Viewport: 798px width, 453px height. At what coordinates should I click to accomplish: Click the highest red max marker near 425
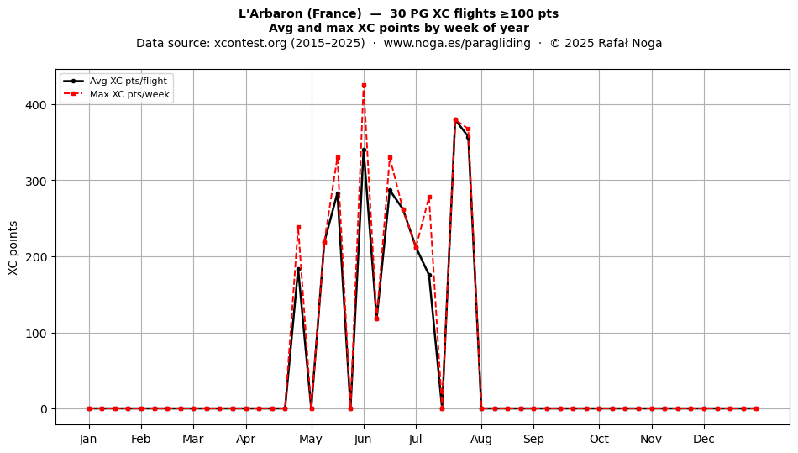tap(364, 86)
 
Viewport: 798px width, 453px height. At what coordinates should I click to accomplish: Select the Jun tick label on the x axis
tap(363, 439)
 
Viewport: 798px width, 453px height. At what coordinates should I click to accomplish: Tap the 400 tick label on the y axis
tap(37, 105)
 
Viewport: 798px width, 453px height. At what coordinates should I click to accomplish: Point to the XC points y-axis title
tap(13, 248)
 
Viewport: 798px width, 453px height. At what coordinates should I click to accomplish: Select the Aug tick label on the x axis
tap(481, 439)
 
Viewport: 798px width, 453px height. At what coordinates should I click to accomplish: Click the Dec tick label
tap(704, 439)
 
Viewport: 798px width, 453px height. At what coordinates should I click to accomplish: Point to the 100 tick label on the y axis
tap(37, 334)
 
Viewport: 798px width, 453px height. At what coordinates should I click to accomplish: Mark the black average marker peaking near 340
tap(364, 150)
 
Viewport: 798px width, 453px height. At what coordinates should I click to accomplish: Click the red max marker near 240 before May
tap(298, 228)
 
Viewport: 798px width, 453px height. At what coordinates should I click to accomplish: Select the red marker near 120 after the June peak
tap(376, 319)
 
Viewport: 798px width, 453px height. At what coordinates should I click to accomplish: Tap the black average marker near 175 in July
tap(429, 276)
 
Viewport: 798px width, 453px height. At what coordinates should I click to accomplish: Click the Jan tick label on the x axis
tap(88, 439)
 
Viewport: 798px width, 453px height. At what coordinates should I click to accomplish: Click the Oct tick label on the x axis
tap(599, 439)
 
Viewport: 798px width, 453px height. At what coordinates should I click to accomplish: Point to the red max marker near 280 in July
tap(429, 197)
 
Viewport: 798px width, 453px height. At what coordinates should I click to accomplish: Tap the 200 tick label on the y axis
tap(37, 257)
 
